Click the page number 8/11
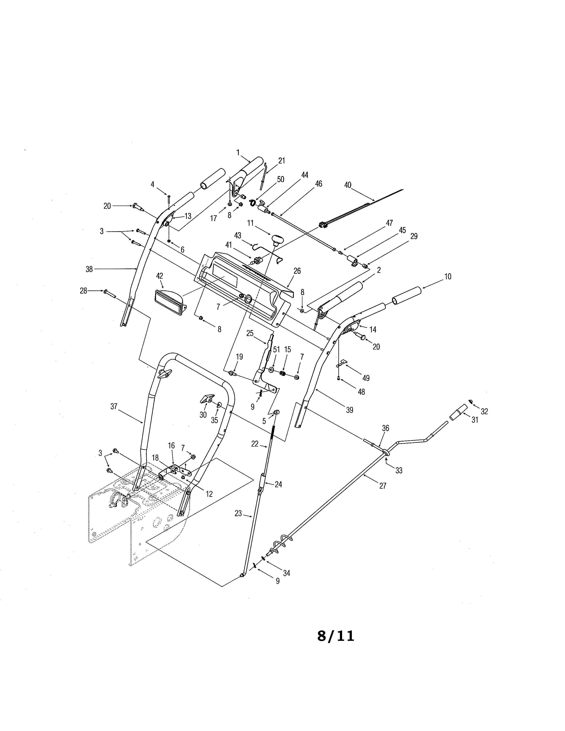(335, 636)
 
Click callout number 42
(160, 276)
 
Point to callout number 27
(383, 486)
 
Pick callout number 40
(348, 185)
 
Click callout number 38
(89, 269)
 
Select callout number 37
(114, 406)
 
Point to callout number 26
(297, 271)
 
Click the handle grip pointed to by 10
(406, 295)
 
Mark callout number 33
(399, 470)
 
